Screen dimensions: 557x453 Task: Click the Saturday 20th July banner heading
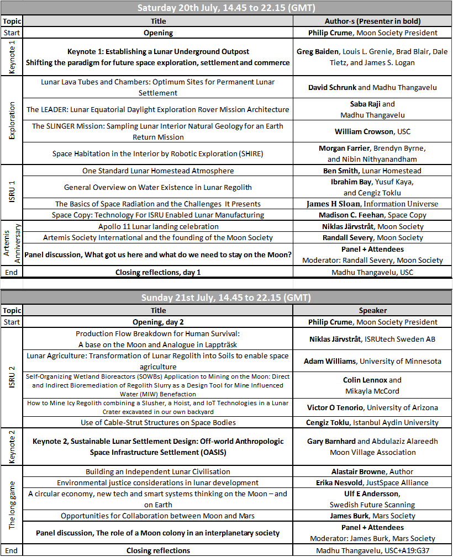tap(226, 8)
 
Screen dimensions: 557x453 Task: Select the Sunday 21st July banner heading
tap(226, 298)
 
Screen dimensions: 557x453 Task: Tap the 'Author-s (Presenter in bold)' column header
tap(372, 21)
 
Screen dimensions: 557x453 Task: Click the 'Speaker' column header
tap(372, 311)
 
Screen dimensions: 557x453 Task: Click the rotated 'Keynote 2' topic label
tap(12, 447)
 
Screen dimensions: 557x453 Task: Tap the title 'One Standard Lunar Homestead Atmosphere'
tap(158, 171)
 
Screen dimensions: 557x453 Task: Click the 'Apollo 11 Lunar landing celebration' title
tap(158, 226)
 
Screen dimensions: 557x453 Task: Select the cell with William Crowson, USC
tap(372, 132)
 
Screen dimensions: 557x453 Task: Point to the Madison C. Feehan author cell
tap(372, 215)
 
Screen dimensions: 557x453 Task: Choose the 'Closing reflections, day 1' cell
tap(158, 272)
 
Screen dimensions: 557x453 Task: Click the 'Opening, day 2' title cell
tap(158, 322)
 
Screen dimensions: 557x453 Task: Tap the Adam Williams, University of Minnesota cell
tap(372, 362)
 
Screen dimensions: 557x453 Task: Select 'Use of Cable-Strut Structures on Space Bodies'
tap(158, 422)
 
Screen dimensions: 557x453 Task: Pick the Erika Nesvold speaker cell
tap(372, 482)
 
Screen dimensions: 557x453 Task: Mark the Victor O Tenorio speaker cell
tap(372, 408)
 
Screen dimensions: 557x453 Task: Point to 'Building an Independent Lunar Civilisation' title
tap(158, 471)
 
